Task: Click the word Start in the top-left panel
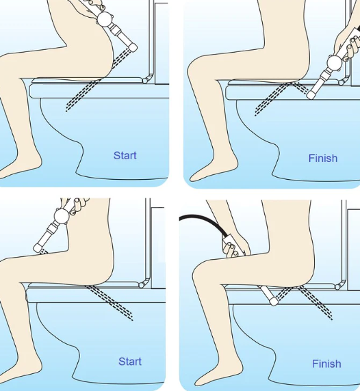click(x=125, y=156)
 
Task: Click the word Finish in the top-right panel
click(x=323, y=159)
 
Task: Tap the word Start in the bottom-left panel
click(x=130, y=362)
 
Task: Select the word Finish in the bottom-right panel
click(x=326, y=364)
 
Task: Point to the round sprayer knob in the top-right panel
click(x=335, y=63)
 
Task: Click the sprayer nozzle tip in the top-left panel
click(x=133, y=47)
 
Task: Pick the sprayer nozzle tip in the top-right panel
click(x=311, y=95)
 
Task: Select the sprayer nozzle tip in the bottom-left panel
click(x=38, y=247)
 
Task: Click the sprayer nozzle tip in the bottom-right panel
click(x=274, y=301)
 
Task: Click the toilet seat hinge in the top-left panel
click(x=146, y=79)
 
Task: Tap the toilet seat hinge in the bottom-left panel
click(x=142, y=284)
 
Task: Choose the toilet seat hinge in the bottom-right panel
click(x=339, y=286)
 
